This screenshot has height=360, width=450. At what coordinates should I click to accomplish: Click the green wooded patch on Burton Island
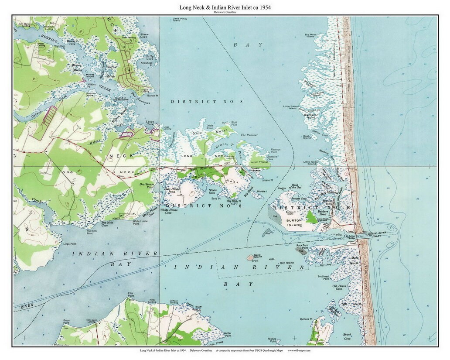click(x=311, y=217)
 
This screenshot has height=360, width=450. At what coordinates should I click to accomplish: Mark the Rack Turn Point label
click(x=303, y=247)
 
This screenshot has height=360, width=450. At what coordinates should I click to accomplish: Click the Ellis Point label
click(x=130, y=295)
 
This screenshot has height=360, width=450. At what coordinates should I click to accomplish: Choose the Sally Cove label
click(x=150, y=57)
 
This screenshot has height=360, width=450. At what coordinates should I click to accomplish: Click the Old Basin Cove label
click(x=340, y=288)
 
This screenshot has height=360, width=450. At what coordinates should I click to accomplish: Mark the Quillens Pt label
click(x=306, y=319)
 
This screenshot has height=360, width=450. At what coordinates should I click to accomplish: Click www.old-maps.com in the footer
click(x=299, y=350)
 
